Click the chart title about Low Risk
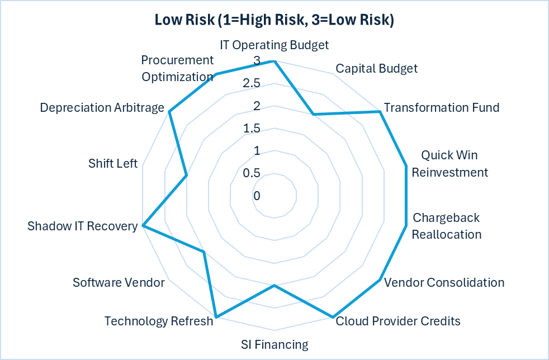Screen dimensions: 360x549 274,21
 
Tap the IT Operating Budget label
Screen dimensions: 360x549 274,45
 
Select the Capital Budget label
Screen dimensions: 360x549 376,69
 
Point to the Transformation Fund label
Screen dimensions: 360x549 442,107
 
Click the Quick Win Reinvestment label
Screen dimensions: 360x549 449,163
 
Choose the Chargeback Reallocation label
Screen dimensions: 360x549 446,226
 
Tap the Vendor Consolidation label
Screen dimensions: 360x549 444,282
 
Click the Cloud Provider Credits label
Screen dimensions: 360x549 397,321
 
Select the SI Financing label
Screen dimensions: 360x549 274,344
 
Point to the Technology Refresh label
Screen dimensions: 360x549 159,321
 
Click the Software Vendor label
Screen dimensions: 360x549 119,282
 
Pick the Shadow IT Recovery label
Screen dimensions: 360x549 82,226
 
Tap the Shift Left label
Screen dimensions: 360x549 113,163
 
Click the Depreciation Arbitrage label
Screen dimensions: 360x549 102,107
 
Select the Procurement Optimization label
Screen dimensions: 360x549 177,68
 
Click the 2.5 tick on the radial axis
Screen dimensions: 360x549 251,84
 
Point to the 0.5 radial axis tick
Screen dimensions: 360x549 252,173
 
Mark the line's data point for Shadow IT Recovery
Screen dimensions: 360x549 143,226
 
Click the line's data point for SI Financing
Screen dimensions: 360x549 274,286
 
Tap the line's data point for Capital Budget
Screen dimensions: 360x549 313,115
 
